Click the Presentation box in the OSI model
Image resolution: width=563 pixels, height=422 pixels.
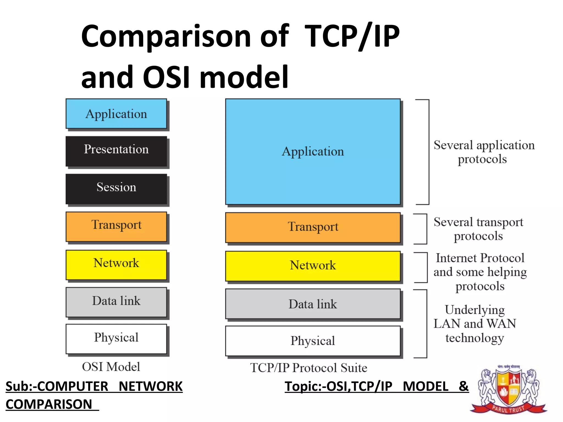coord(116,151)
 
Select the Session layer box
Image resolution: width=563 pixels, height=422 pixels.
coord(116,189)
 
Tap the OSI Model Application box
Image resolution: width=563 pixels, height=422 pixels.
coord(116,113)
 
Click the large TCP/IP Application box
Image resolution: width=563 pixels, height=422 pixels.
coord(313,151)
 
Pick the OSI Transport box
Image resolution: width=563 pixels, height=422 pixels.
coord(116,226)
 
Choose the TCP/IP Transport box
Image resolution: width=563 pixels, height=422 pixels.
coord(313,227)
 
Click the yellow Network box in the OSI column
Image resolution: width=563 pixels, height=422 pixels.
coord(116,265)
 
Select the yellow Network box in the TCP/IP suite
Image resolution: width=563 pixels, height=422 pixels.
coord(313,266)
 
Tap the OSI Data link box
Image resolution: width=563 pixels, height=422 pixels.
coord(116,302)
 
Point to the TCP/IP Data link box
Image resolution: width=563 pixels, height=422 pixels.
coord(313,304)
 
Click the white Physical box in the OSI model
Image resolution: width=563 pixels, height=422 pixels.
coord(116,339)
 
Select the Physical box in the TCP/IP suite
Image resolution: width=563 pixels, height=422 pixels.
coord(313,341)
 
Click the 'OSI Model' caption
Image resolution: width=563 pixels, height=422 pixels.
coord(111,367)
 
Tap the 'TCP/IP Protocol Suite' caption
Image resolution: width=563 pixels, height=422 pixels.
coord(308,368)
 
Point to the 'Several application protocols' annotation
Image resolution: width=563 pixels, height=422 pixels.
coord(484,152)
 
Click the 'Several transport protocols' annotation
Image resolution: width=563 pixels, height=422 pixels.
coord(478,229)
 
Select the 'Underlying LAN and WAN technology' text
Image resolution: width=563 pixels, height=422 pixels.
coord(475,324)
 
